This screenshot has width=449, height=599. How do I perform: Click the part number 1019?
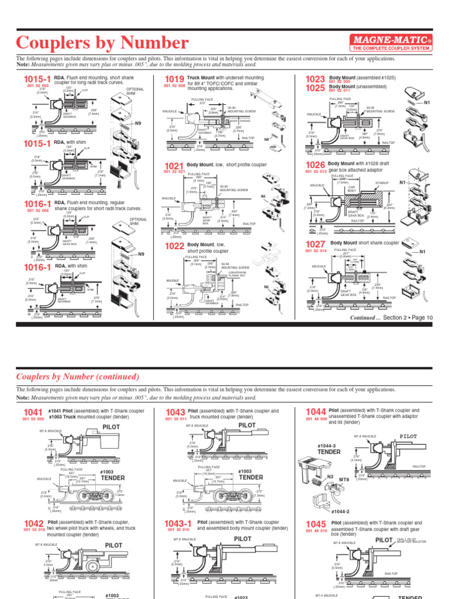pyautogui.click(x=175, y=80)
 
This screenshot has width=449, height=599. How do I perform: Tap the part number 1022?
pyautogui.click(x=175, y=245)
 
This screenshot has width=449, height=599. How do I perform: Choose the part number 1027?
pyautogui.click(x=315, y=244)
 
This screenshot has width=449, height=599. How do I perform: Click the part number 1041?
pyautogui.click(x=33, y=412)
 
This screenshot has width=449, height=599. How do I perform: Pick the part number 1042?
pyautogui.click(x=33, y=524)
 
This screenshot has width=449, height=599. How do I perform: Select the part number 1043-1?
pyautogui.click(x=178, y=524)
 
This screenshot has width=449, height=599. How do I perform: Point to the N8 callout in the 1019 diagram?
pyautogui.click(x=266, y=139)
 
